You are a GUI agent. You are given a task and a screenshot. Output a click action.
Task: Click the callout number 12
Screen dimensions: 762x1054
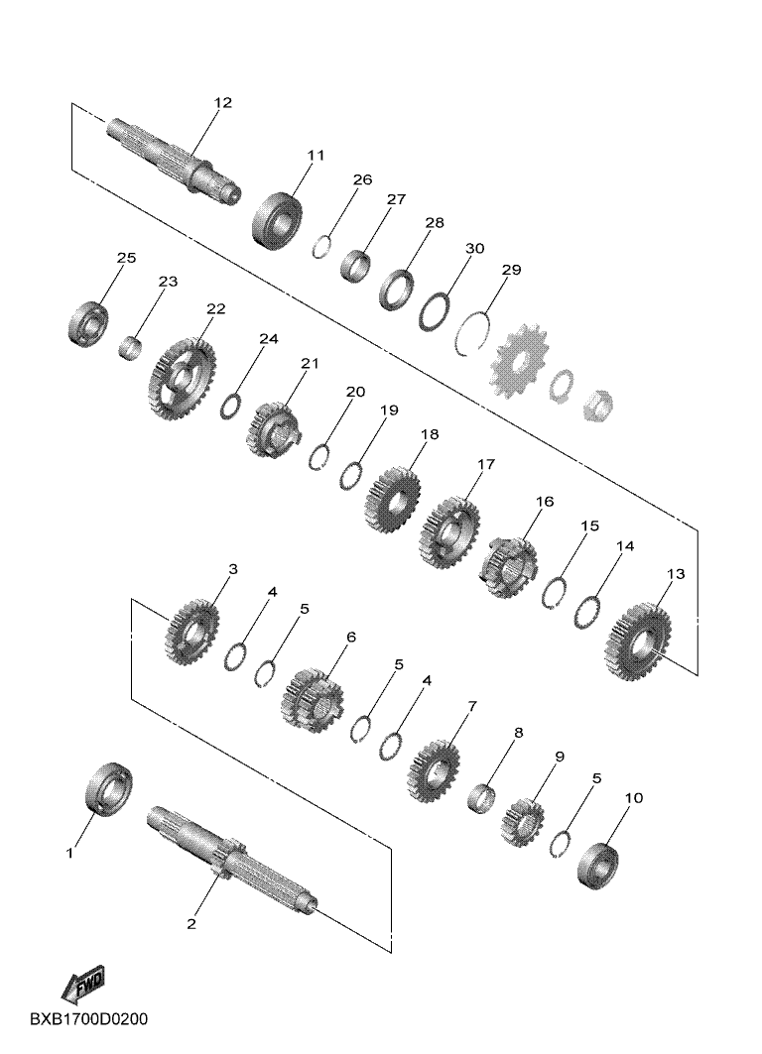222,103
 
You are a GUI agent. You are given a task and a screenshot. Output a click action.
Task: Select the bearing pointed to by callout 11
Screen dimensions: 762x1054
277,220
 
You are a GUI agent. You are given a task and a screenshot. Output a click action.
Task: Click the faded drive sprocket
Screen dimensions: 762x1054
519,362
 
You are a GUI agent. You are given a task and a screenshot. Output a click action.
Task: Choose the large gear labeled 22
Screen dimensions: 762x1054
181,379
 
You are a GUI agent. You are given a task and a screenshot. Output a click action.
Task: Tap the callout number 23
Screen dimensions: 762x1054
168,281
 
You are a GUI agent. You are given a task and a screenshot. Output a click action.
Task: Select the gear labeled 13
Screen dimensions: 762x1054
637,642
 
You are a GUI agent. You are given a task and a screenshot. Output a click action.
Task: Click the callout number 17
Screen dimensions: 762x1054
486,464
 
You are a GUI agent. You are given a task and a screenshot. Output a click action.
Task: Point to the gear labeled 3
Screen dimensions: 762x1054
191,632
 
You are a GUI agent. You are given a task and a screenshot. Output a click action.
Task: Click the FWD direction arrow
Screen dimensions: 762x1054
83,984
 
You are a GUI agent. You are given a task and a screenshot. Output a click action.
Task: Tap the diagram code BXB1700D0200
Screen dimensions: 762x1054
88,1019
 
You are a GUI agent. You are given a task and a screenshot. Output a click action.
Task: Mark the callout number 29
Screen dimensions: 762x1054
511,271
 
